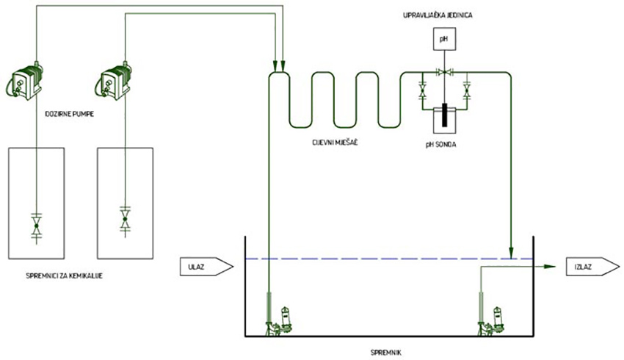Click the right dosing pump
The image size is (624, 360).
(x=115, y=80)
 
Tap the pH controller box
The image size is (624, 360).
(x=443, y=37)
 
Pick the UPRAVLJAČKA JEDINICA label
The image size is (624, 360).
(x=443, y=14)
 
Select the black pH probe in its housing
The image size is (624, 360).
(x=443, y=115)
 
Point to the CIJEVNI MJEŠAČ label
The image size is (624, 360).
(x=338, y=144)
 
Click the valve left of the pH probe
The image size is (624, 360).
(x=422, y=93)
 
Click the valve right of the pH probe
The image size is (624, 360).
(x=466, y=93)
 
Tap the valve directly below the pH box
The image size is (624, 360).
(x=443, y=72)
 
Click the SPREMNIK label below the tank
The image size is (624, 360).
(x=386, y=352)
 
